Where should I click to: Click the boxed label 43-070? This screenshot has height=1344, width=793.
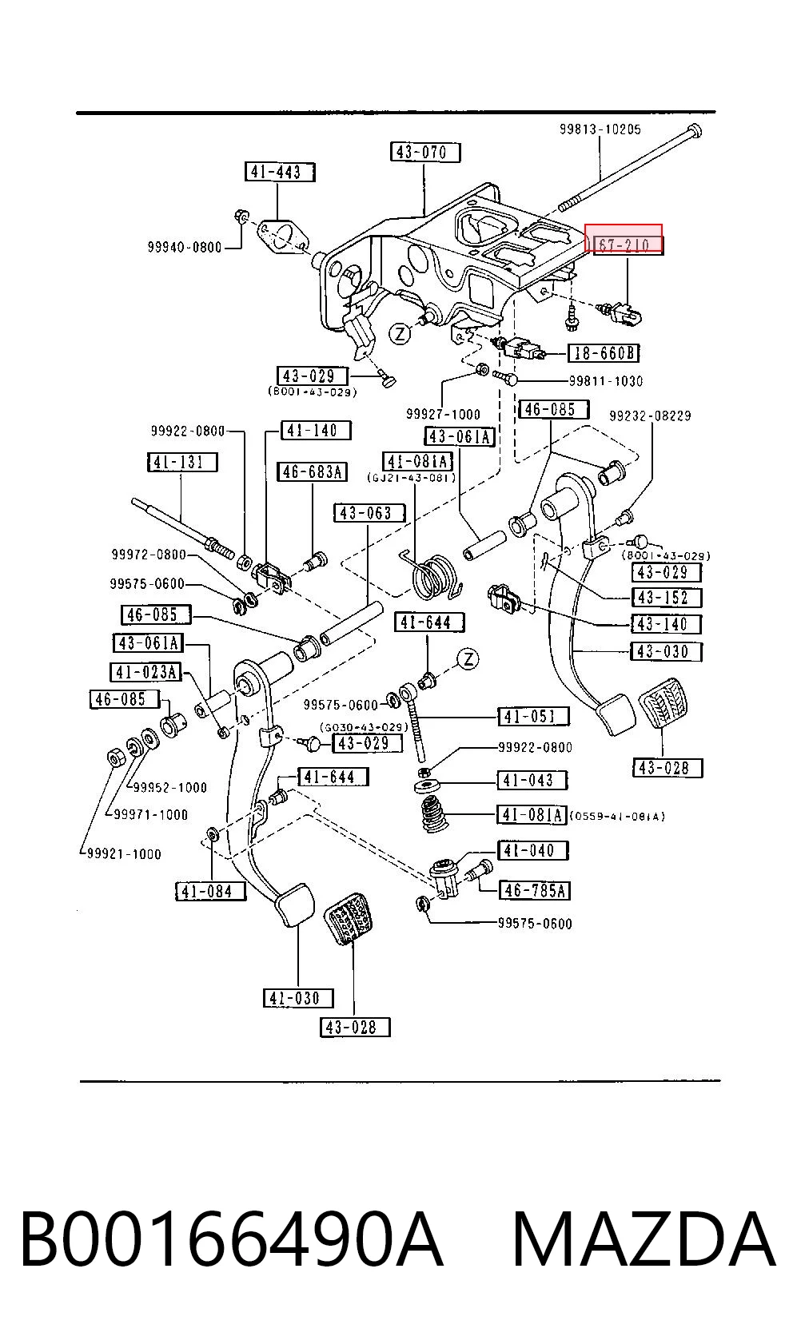point(425,153)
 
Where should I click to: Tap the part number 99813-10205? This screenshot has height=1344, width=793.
point(600,129)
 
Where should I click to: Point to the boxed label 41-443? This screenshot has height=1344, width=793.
point(281,173)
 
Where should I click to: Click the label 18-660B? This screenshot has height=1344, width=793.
point(604,353)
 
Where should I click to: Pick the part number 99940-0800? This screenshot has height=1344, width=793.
point(185,247)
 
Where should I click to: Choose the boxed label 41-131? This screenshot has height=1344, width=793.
point(182,462)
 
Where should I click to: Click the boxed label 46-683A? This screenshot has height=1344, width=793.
point(312,472)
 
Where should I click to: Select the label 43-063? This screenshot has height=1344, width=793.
point(369,514)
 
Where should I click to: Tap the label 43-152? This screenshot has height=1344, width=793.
point(667,598)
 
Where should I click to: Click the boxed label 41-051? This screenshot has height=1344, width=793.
point(533,717)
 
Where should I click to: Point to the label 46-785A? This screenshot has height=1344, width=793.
point(534,890)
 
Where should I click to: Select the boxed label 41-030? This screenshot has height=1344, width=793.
point(298,998)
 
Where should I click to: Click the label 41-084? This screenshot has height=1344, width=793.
point(210,892)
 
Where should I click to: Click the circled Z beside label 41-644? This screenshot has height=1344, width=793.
point(468,659)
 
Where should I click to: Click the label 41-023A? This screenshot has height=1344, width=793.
point(146,673)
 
